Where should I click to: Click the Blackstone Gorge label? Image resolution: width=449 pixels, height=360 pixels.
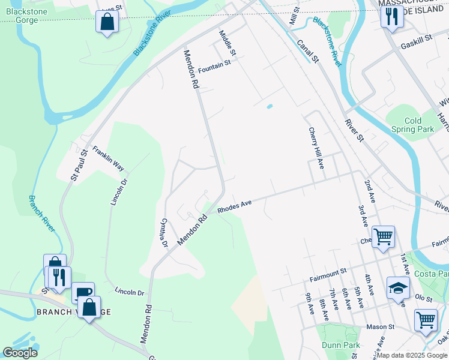coord(19,16)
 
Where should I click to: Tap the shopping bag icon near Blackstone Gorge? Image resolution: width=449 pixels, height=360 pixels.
coord(106,22)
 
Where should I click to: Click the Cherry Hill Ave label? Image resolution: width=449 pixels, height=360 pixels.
coord(316,148)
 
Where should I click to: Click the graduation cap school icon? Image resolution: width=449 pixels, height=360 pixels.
coord(398,288)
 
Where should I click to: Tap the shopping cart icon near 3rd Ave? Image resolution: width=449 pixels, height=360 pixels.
coord(383,236)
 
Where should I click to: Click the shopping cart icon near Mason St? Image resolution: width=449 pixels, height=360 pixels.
coord(426,319)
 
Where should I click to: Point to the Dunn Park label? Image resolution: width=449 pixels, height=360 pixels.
coord(341,345)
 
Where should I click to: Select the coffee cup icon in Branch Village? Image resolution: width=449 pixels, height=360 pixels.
coord(83,293)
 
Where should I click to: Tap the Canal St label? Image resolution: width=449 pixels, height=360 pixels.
coord(307,51)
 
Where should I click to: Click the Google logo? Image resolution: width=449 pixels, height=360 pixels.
coord(20,353)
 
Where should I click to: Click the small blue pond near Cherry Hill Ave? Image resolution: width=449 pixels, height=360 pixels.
coord(269,107)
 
